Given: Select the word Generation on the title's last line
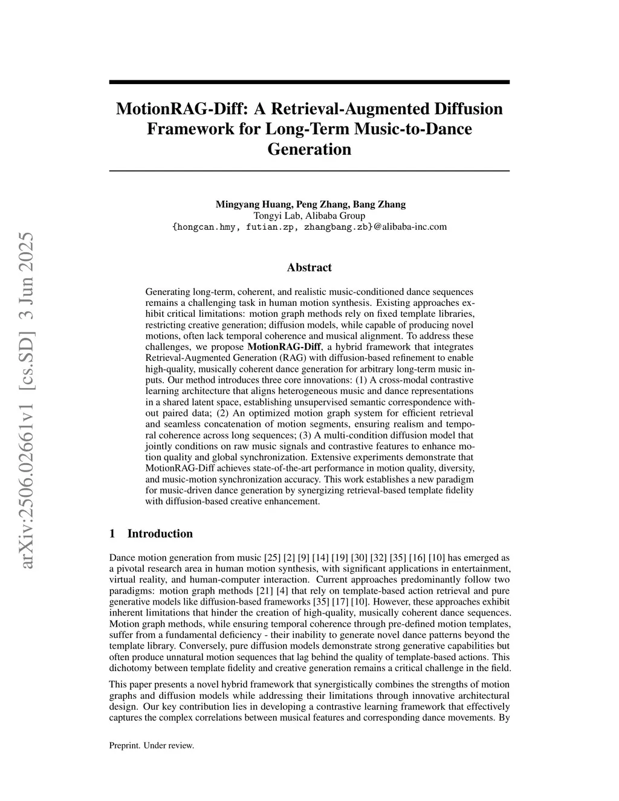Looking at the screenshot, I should pos(309,149).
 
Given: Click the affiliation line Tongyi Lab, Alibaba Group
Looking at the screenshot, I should pos(309,216).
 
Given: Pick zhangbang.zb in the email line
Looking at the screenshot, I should pos(335,227).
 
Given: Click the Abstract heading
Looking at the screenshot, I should pos(309,267).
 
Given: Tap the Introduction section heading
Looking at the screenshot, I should pos(160,533).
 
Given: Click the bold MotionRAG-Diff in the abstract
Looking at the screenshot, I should pos(284,347).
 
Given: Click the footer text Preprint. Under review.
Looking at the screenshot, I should pos(151,745).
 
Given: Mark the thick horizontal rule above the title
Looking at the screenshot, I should pos(309,82).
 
